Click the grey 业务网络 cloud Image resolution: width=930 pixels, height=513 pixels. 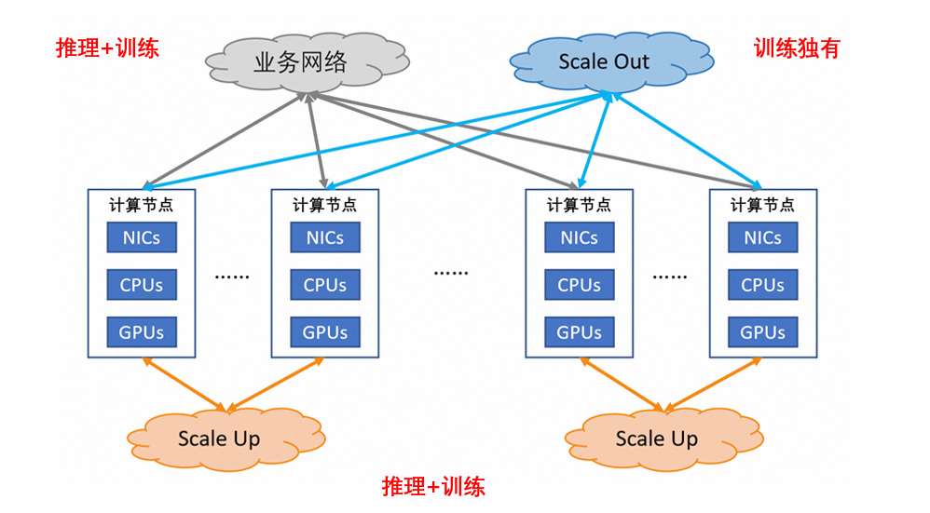[300, 62]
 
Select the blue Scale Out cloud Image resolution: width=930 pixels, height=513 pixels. [604, 62]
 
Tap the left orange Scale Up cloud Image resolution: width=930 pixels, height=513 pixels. [219, 439]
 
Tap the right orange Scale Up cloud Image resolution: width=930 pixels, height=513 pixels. [656, 439]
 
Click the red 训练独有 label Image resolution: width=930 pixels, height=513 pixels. [797, 48]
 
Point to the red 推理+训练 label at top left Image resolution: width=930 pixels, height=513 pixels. [107, 48]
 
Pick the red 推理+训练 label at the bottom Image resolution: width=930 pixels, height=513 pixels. [433, 486]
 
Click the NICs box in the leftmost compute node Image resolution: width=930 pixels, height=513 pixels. [142, 237]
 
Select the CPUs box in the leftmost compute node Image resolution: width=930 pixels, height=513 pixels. [142, 285]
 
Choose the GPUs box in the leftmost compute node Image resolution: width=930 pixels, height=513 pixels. [142, 332]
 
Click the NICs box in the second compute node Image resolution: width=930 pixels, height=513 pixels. [325, 237]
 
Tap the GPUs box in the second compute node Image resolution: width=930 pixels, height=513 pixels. [325, 332]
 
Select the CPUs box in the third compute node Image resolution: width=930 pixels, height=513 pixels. [580, 285]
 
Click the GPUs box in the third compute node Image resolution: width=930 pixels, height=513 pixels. [580, 332]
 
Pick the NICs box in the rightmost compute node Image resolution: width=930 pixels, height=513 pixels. [763, 237]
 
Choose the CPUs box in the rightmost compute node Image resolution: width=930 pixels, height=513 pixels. [763, 285]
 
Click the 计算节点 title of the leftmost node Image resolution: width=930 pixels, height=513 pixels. [142, 205]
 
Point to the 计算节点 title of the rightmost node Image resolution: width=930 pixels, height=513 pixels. [763, 205]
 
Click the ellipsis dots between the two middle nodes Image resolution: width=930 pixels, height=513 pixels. [451, 274]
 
